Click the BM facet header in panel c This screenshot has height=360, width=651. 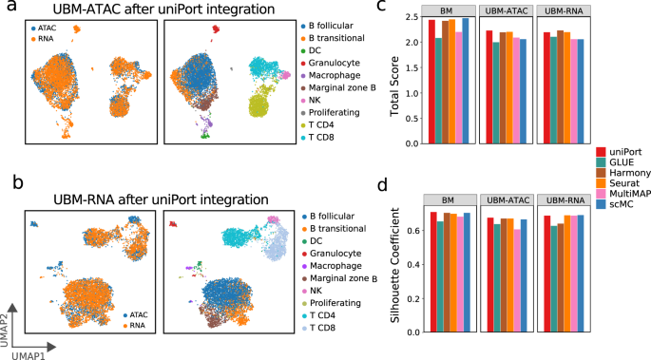click(x=446, y=9)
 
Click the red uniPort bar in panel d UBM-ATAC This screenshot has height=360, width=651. click(x=489, y=275)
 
